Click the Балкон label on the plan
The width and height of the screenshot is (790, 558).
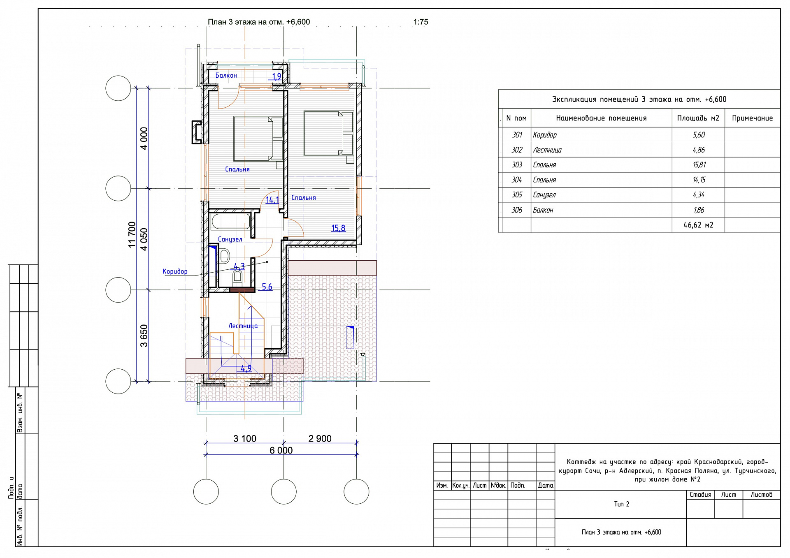(226, 75)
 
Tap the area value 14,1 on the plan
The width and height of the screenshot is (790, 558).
(272, 200)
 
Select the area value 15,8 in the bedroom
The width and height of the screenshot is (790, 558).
(338, 228)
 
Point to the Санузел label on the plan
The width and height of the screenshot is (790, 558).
(230, 239)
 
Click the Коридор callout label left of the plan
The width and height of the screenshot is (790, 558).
(175, 271)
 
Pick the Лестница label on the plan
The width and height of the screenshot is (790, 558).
(243, 326)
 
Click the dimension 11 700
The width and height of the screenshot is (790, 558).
(132, 235)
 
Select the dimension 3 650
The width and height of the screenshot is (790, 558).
(144, 336)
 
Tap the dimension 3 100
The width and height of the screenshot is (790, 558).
(245, 439)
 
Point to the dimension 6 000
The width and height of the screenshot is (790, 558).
(281, 450)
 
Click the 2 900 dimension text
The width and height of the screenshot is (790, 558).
(320, 439)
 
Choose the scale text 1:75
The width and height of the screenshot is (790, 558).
(421, 22)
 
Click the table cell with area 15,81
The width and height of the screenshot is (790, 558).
(699, 165)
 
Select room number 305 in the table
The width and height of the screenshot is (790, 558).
(517, 195)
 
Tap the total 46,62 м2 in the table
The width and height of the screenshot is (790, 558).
(698, 225)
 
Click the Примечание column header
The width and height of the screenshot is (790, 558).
(752, 118)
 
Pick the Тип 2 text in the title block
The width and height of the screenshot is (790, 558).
(621, 504)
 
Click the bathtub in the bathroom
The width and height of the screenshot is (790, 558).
(230, 222)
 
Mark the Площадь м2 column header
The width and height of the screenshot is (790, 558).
(698, 118)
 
